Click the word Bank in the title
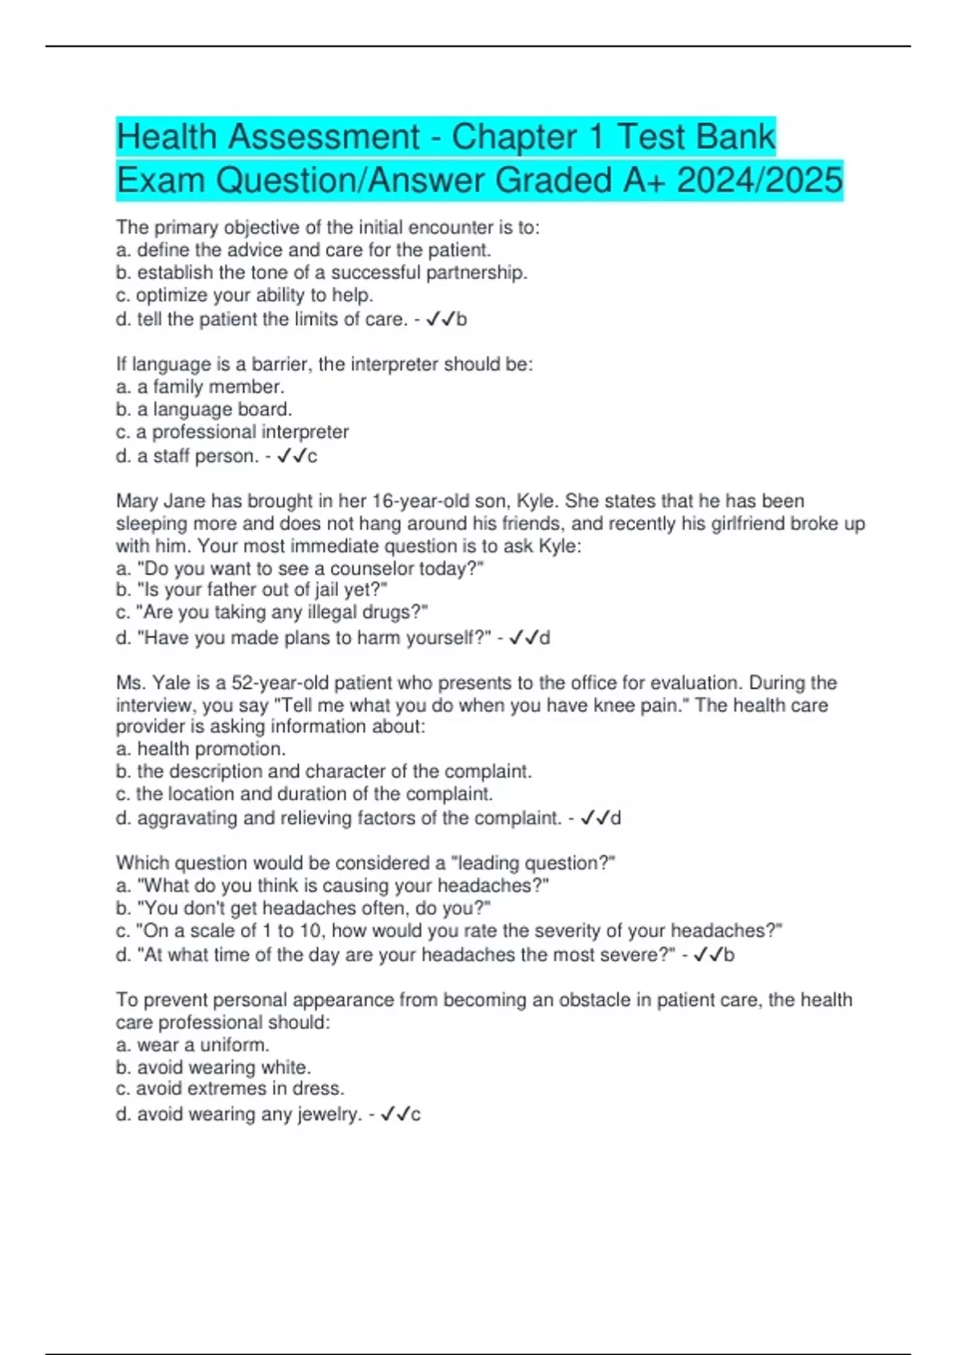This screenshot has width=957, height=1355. [x=737, y=136]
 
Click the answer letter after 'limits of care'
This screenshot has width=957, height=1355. [x=462, y=320]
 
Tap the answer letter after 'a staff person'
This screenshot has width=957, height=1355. [x=313, y=457]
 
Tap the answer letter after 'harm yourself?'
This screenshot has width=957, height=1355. [x=545, y=638]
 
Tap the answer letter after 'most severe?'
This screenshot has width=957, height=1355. [x=729, y=955]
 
